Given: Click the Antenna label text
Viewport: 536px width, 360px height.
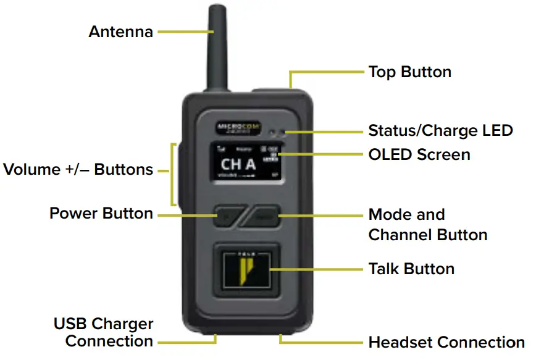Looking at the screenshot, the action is [x=120, y=31].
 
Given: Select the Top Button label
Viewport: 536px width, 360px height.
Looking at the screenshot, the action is [x=409, y=72].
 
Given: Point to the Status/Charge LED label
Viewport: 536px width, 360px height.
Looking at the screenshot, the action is [x=440, y=131].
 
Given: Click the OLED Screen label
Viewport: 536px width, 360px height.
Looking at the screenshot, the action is [x=419, y=154].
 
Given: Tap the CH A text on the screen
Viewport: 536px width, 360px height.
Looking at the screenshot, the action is [x=238, y=165].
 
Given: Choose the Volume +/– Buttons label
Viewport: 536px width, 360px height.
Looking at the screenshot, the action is [x=78, y=169].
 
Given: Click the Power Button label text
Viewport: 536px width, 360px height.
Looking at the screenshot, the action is [x=101, y=214].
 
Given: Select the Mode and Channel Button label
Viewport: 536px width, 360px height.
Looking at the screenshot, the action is [x=427, y=225].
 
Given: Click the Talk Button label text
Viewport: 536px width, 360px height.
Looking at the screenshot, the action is [x=411, y=269].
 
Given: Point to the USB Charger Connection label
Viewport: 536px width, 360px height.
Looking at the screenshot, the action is [x=104, y=332].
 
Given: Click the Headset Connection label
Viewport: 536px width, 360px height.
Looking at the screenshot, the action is [x=446, y=342].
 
